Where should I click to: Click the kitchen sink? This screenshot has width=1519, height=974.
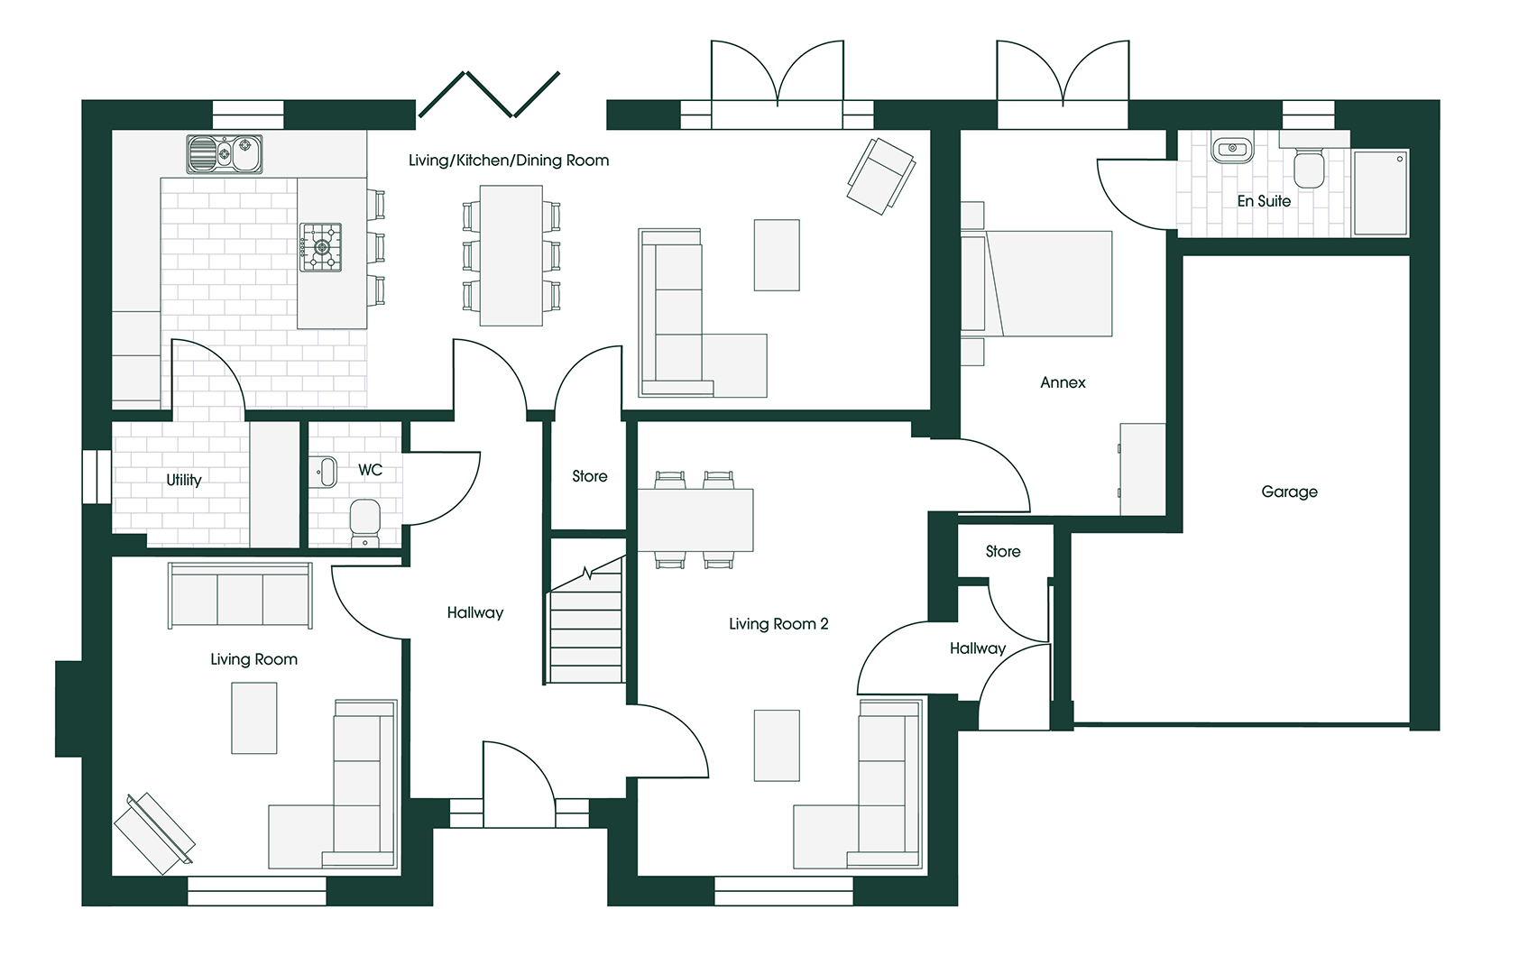tap(224, 153)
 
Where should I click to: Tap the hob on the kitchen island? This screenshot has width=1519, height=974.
tap(320, 247)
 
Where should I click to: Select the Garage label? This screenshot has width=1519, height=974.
tap(1289, 492)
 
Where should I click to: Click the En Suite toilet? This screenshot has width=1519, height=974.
tap(1309, 168)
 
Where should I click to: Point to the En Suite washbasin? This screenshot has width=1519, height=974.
tap(1231, 149)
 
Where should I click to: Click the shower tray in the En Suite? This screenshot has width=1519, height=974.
tap(1380, 192)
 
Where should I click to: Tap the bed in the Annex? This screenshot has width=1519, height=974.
tap(1046, 283)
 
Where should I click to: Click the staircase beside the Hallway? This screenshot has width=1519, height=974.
tap(586, 631)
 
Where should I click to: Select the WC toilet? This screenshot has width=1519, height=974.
tap(364, 522)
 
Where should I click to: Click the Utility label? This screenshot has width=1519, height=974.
tap(184, 480)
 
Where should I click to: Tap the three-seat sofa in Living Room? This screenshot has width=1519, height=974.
tap(240, 595)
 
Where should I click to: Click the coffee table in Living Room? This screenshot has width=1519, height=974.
tap(253, 717)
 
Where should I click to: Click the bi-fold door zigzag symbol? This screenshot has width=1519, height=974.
tap(489, 96)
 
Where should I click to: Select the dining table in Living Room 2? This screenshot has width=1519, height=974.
tap(695, 520)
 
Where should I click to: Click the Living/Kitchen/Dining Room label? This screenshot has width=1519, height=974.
tap(509, 161)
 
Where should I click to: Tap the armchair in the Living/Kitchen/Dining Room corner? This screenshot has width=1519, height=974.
tap(879, 175)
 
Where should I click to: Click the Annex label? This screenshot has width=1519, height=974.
tap(1063, 382)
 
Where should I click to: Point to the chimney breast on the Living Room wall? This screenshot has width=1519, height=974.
tap(69, 708)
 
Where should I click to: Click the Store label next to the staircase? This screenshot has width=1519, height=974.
tap(589, 476)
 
